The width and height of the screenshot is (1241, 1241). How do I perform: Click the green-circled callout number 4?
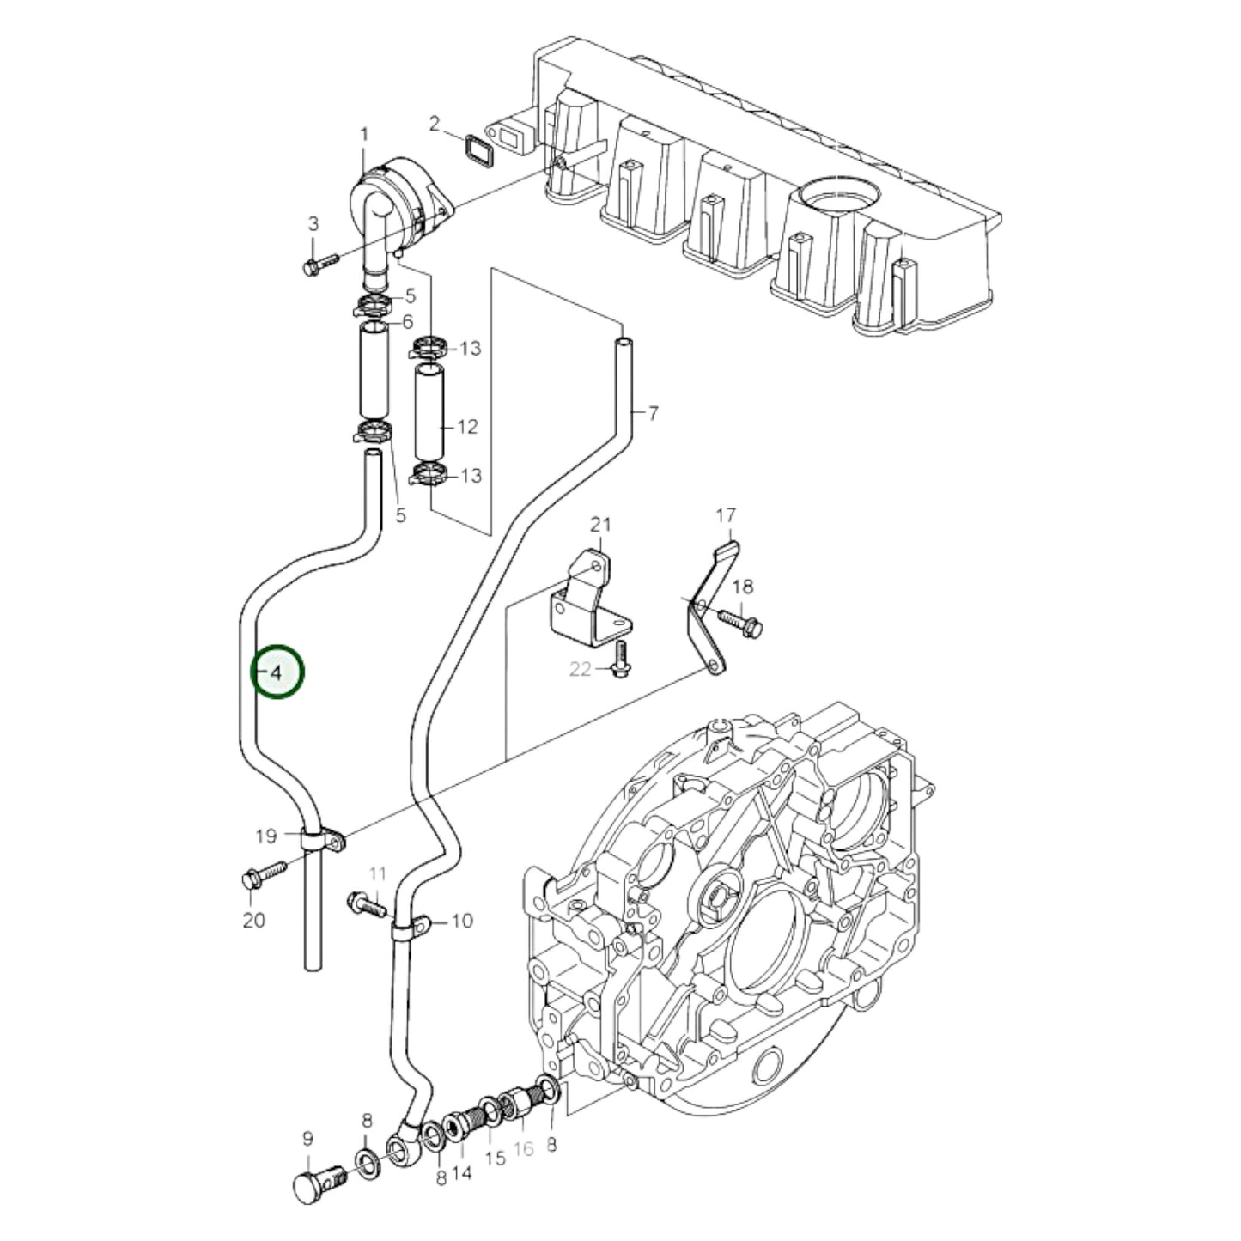(x=277, y=672)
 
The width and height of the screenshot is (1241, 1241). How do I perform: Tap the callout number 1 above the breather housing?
(x=363, y=134)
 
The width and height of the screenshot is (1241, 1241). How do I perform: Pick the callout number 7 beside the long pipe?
(x=653, y=414)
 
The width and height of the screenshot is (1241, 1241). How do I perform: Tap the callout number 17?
(x=726, y=515)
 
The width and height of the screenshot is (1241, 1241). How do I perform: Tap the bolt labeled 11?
(x=366, y=903)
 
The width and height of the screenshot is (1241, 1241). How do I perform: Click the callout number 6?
(x=407, y=322)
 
